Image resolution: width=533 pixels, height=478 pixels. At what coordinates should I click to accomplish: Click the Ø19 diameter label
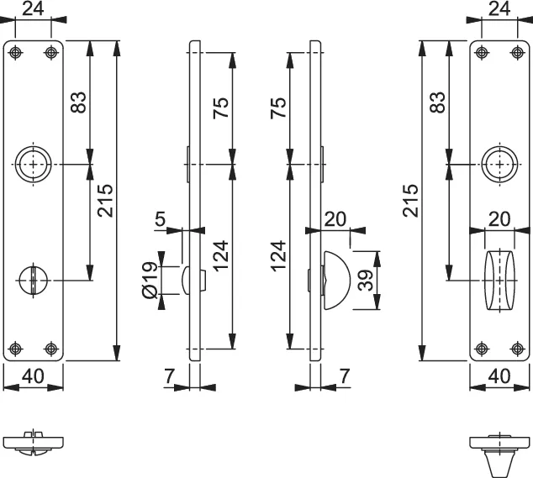tap(150, 279)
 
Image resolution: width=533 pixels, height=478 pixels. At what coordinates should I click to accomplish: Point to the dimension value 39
tap(364, 281)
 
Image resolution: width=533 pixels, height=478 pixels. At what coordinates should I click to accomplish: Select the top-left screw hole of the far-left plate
tap(15, 53)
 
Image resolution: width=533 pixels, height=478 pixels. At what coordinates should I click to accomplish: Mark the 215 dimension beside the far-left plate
tap(104, 200)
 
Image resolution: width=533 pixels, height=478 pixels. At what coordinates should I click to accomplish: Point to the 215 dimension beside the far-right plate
tap(410, 200)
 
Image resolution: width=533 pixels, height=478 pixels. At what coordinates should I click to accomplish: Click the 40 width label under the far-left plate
tap(34, 376)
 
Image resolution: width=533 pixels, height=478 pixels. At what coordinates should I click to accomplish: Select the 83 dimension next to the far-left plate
tap(77, 102)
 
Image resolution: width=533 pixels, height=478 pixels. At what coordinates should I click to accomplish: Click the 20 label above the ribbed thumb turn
tap(499, 218)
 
